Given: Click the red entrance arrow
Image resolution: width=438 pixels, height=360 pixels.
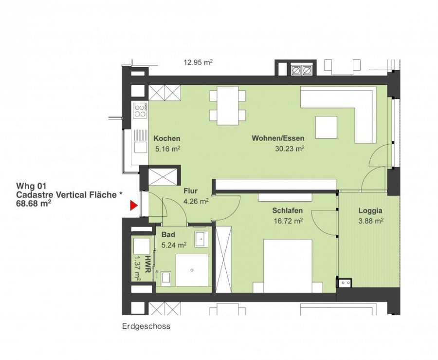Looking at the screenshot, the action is click(134, 206).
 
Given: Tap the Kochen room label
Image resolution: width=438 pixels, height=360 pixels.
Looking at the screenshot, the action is click(167, 138).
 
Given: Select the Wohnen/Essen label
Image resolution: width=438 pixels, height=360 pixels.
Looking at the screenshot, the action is click(278, 138).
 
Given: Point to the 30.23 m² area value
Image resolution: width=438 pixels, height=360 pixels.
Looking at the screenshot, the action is click(290, 149).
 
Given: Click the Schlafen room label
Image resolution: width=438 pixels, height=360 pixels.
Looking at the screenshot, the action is click(288, 210).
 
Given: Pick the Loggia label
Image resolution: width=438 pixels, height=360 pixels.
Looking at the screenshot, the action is click(370, 211).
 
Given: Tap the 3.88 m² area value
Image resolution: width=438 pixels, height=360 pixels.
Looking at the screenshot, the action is click(371, 221).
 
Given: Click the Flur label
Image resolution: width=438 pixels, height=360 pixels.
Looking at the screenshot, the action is click(190, 191).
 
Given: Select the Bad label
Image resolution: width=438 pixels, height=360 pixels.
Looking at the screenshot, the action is click(168, 234).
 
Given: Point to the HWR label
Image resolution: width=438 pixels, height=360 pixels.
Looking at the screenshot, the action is click(148, 264).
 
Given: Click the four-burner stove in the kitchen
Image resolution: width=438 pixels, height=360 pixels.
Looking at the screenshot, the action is click(140, 110).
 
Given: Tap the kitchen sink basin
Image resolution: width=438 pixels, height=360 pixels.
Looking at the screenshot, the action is click(141, 147).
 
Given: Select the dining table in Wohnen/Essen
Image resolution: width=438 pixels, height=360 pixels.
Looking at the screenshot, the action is click(228, 105).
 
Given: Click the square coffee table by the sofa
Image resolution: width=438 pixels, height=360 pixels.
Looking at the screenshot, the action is click(326, 127).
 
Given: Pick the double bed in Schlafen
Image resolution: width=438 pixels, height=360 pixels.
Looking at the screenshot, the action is click(288, 266).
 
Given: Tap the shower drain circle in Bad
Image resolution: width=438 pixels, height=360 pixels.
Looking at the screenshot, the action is click(192, 270).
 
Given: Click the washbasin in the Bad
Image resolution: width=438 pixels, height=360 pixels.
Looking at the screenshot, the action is click(201, 239).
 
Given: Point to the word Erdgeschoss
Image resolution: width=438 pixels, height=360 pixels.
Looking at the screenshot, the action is click(146, 326).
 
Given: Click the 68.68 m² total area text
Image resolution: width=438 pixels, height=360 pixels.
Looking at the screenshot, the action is click(34, 204).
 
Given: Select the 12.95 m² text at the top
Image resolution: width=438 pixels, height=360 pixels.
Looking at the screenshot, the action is click(199, 62).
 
